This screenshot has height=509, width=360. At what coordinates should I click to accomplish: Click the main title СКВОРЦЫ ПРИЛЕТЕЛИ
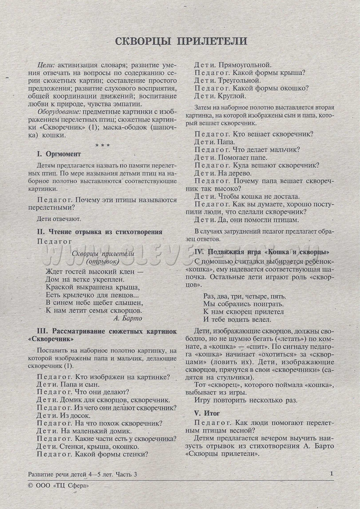(180, 41)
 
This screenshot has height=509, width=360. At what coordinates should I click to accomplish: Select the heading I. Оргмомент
(60, 154)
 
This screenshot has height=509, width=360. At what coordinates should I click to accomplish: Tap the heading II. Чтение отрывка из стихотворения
(100, 232)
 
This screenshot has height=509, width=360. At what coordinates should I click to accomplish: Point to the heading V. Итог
(208, 412)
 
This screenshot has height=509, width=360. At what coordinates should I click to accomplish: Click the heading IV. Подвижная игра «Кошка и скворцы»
(262, 251)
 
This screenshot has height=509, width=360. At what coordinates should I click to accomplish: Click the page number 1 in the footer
(331, 474)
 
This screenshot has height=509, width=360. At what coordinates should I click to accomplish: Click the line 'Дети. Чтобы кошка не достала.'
(247, 196)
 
